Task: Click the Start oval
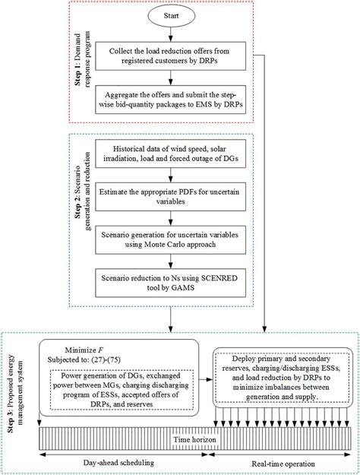(x=174, y=15)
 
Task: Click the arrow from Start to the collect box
(x=174, y=34)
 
